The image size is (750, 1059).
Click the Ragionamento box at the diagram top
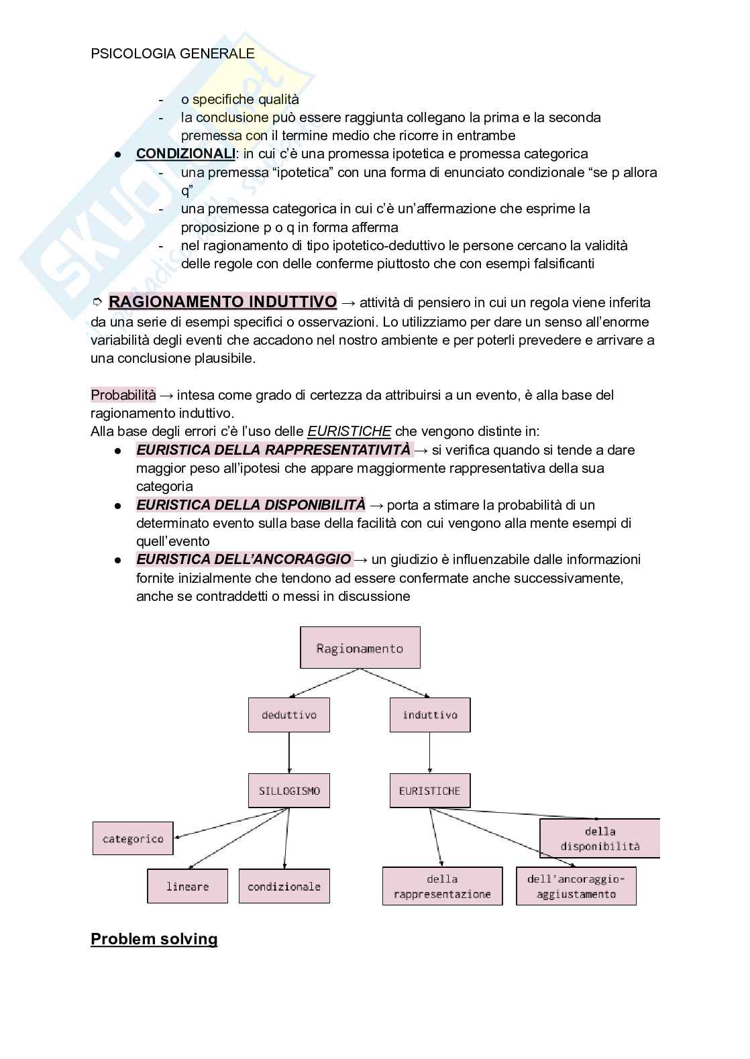point(360,648)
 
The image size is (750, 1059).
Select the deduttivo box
point(289,715)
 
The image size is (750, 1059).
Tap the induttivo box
point(429,715)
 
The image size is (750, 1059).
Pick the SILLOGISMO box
point(289,791)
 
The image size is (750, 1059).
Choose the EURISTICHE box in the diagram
point(429,791)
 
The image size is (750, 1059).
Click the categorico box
point(133,838)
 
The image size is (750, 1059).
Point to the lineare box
point(187,886)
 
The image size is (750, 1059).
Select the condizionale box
point(284,886)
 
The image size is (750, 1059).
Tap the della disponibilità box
point(600,838)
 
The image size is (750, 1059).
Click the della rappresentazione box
point(442,886)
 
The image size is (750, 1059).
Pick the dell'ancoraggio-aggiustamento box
point(576,886)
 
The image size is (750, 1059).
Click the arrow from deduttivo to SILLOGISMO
point(289,753)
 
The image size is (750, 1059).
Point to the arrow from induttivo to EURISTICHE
point(429,753)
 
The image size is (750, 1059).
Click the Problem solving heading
point(154,939)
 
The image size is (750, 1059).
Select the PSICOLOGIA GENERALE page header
point(172,54)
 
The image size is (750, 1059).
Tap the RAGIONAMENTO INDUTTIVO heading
point(222,302)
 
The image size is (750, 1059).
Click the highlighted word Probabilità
point(123,395)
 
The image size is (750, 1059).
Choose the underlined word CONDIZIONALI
point(185,154)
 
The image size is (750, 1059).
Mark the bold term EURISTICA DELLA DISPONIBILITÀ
point(250,504)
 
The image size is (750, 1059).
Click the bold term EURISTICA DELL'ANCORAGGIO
point(243,559)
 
